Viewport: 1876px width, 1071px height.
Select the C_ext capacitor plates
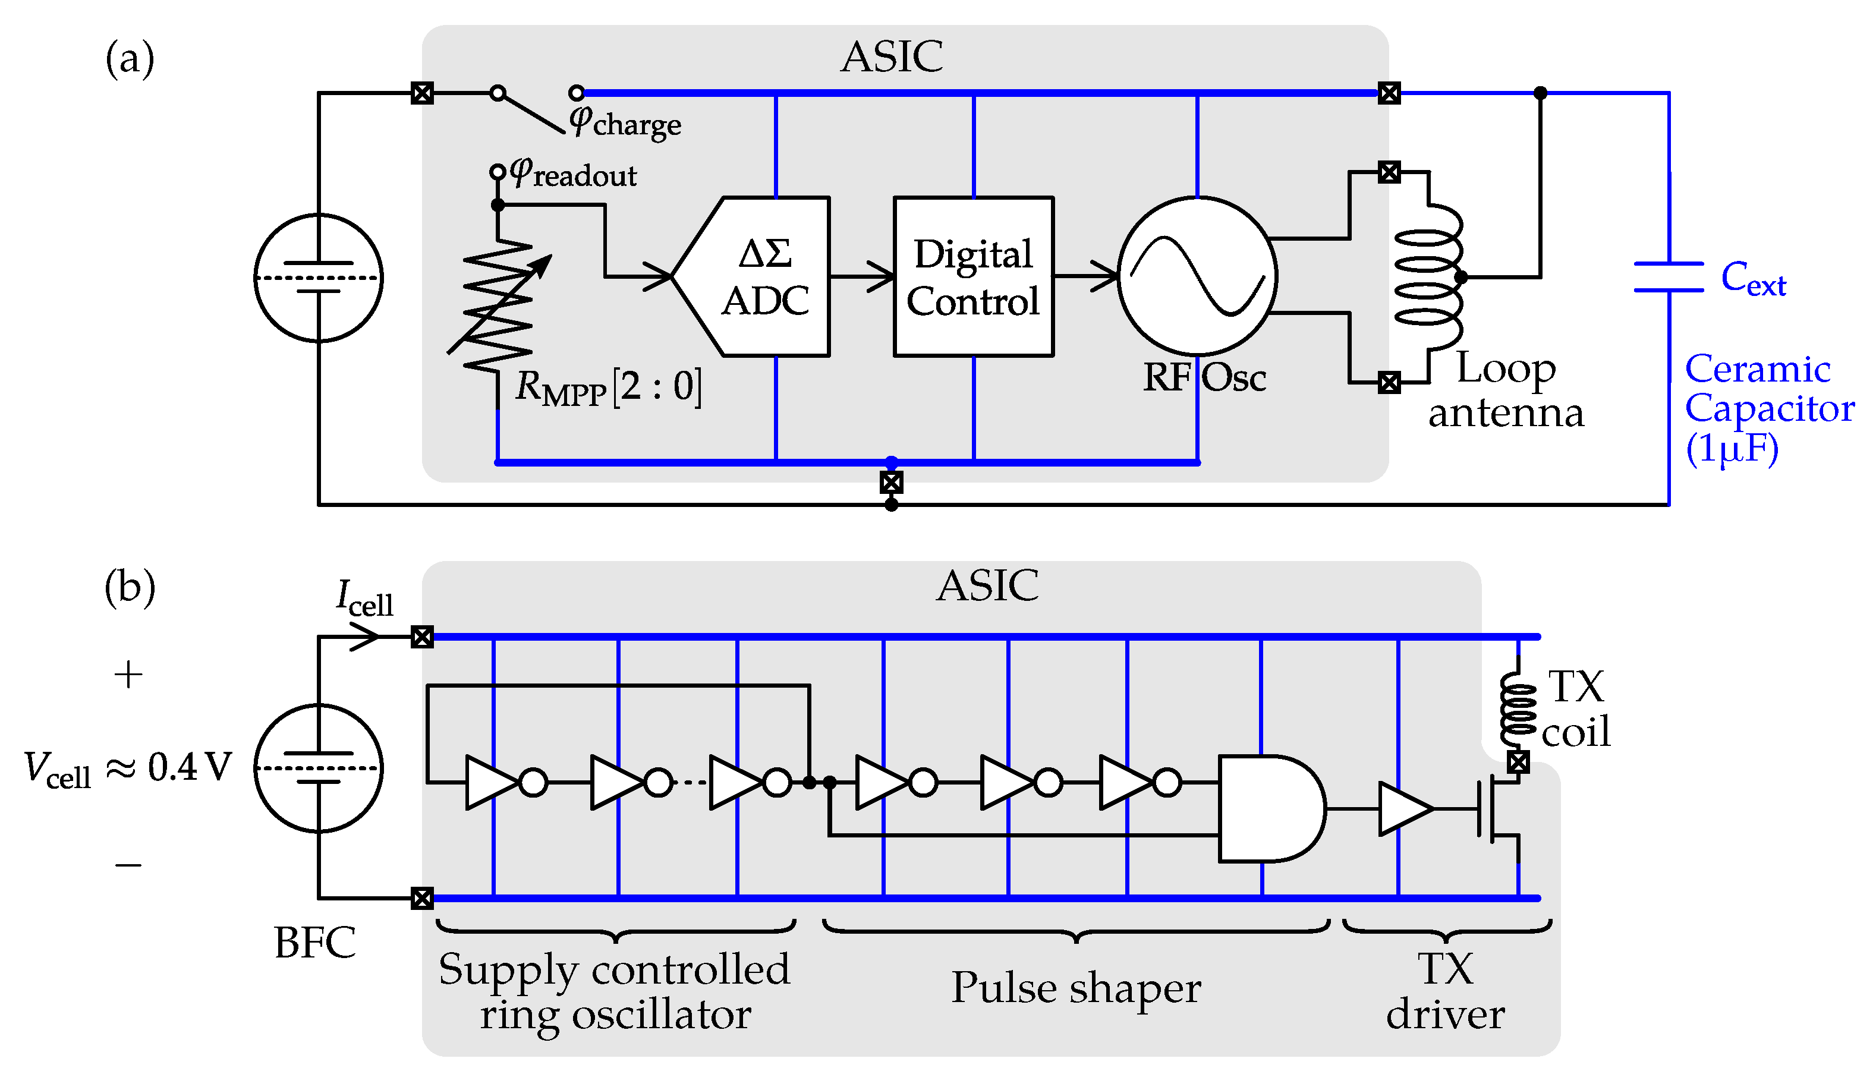point(1668,276)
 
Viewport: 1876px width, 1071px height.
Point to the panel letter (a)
point(130,59)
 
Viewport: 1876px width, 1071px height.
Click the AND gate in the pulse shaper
point(1269,808)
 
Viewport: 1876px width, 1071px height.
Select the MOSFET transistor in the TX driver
point(1498,809)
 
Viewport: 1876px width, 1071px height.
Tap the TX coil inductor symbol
point(1517,710)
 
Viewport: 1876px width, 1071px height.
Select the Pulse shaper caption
point(1075,988)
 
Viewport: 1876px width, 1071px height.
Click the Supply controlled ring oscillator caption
point(614,991)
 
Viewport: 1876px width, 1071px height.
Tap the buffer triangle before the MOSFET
point(1402,809)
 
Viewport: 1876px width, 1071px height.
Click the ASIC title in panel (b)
point(987,585)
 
